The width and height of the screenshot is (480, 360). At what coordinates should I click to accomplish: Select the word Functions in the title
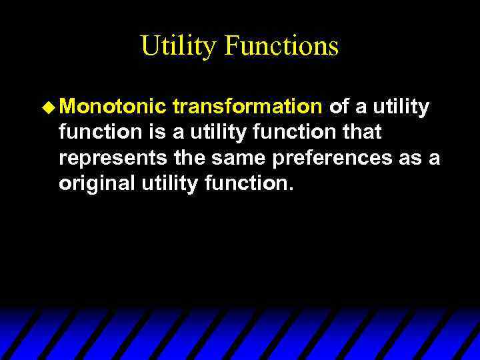(x=281, y=47)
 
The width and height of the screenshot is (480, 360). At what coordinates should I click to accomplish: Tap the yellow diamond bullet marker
(x=49, y=107)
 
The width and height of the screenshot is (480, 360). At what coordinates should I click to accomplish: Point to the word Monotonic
(x=113, y=107)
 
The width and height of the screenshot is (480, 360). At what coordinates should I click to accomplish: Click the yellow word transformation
(x=247, y=107)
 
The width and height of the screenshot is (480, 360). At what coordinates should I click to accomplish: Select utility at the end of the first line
(x=401, y=107)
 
